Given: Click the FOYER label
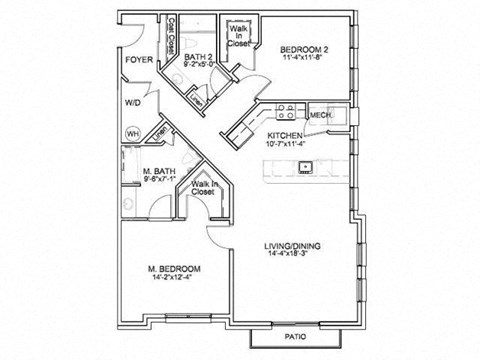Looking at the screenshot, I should tap(137, 60).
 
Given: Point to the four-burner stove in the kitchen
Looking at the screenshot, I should tap(283, 111).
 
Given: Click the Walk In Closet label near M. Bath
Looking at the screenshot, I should tap(203, 187).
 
